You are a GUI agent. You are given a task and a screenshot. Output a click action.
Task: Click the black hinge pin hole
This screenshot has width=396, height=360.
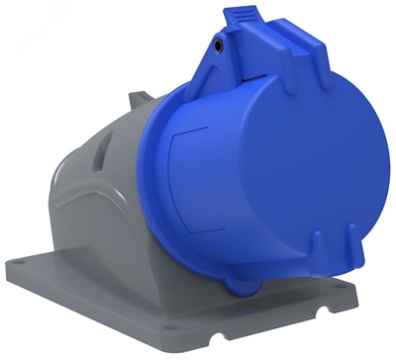tap(216, 45)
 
